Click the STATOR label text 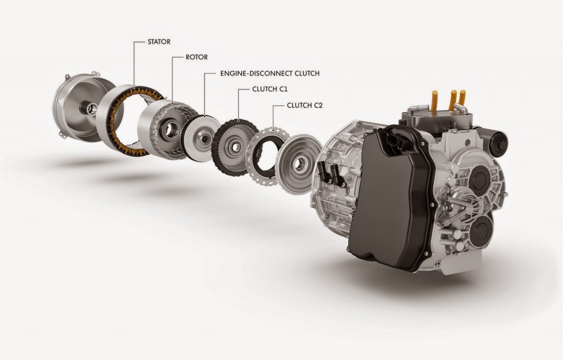coord(159,42)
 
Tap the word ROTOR coord(196,57)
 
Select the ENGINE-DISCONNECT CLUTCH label coord(269,73)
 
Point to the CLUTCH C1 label coord(270,89)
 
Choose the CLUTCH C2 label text coord(305,106)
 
